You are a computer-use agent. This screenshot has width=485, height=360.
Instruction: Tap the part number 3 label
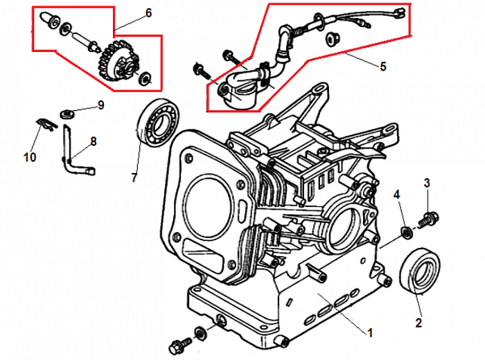tap(427, 183)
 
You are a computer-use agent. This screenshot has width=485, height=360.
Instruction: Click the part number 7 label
tap(134, 177)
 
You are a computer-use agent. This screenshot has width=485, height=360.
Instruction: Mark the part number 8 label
tap(94, 141)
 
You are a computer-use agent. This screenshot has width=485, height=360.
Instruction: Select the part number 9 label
tap(100, 105)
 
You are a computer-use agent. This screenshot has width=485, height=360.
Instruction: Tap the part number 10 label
tap(29, 158)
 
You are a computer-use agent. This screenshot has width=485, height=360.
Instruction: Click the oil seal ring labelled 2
tap(420, 271)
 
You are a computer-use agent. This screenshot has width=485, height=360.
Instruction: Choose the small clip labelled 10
tap(44, 123)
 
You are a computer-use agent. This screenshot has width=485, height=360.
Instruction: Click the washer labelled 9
tap(67, 111)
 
